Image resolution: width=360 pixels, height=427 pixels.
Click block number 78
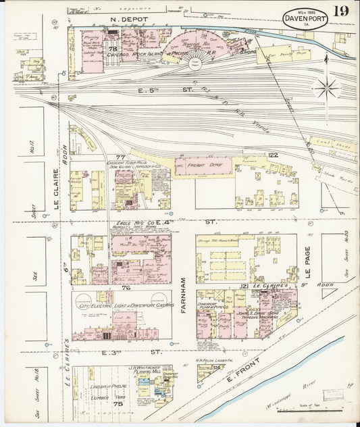[113, 49]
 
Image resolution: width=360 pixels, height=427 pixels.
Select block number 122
[272, 155]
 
